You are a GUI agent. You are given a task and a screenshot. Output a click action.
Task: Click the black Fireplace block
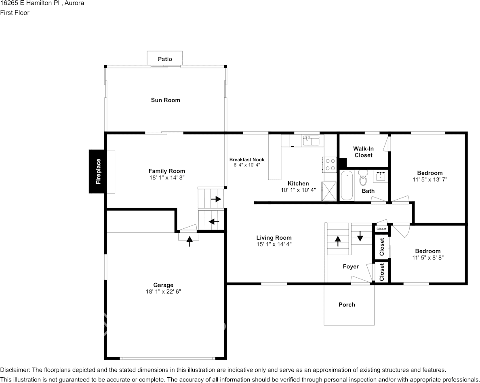[x=98, y=171]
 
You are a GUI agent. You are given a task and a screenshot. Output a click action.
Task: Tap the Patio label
[x=165, y=59]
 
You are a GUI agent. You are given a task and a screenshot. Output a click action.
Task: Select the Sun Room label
[x=165, y=100]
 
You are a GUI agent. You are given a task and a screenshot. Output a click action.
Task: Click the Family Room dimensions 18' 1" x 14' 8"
[x=167, y=178]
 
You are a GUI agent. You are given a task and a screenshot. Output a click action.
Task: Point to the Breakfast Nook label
[x=247, y=160]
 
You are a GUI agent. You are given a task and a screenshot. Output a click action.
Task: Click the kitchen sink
[x=311, y=140]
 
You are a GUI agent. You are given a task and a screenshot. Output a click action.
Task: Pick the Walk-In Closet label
[x=363, y=152]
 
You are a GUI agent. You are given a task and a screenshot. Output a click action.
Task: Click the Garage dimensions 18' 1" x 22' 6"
[x=164, y=292]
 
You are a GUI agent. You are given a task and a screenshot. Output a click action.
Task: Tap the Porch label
[x=347, y=304]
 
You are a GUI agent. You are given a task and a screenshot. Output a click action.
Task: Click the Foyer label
[x=351, y=266]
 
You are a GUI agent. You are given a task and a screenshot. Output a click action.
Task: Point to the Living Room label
[x=274, y=238]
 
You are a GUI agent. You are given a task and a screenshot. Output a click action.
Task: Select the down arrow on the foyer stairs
[x=360, y=236]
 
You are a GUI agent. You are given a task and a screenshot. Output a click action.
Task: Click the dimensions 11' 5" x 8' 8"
[x=428, y=258]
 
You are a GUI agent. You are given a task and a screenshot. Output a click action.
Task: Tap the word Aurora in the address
[x=74, y=3]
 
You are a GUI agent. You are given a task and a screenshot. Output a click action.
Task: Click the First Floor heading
[x=15, y=13]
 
